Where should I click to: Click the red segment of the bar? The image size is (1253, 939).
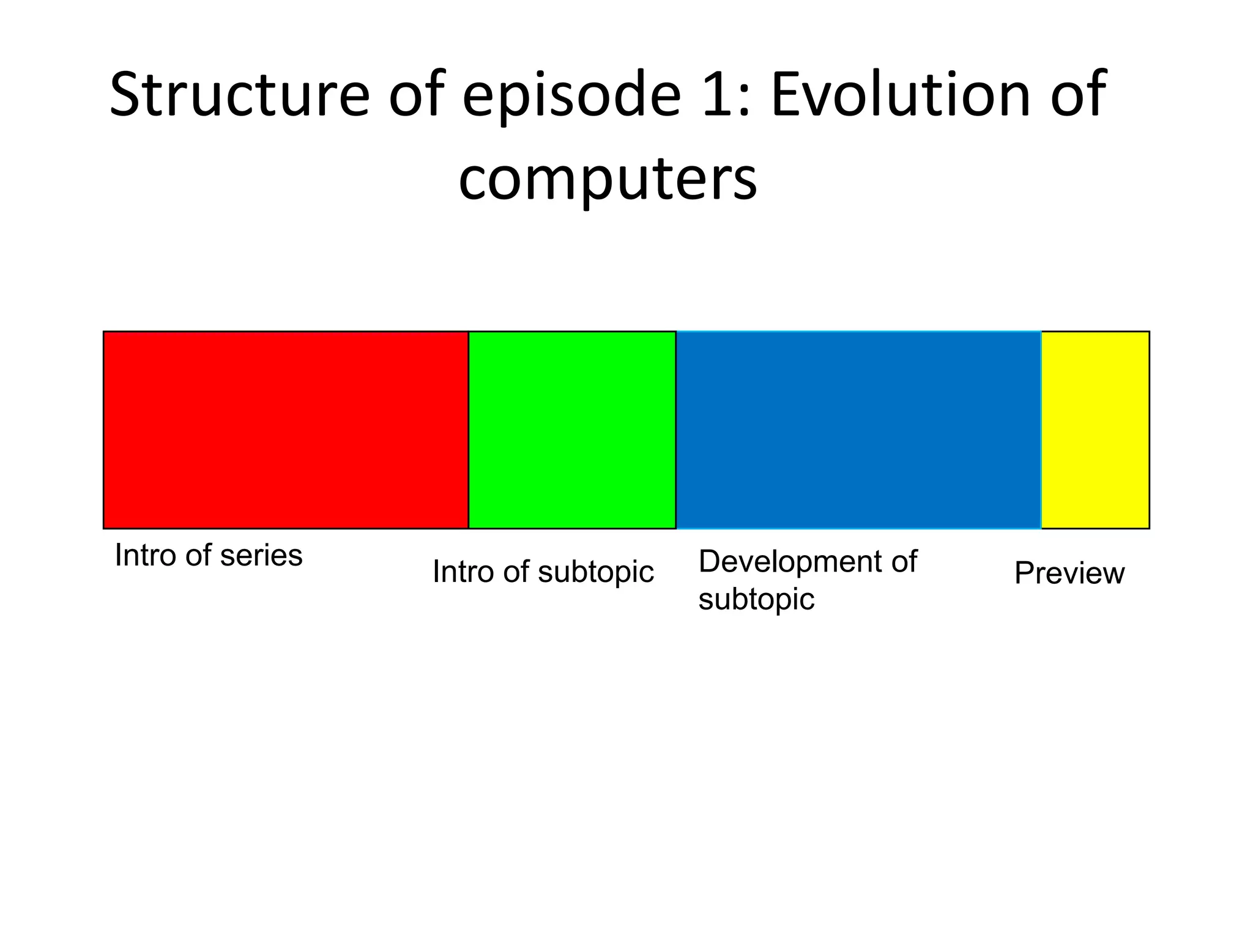[x=286, y=430]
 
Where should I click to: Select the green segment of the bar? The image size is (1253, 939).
[x=572, y=430]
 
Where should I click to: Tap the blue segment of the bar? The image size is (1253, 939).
[x=858, y=430]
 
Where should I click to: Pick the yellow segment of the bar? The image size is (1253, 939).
[x=1095, y=430]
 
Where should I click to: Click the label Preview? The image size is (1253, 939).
[x=1069, y=573]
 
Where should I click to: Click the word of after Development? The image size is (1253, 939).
[x=904, y=562]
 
